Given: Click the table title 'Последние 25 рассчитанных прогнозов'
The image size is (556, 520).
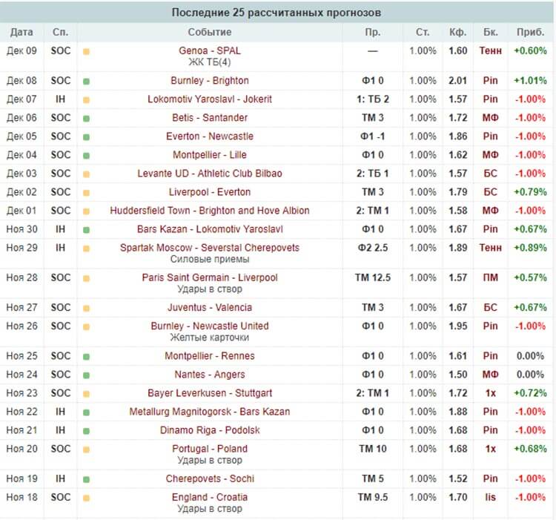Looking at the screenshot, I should pyautogui.click(x=277, y=13).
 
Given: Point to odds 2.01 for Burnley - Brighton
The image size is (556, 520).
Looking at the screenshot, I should pyautogui.click(x=457, y=80).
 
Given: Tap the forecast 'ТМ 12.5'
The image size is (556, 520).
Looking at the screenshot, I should pyautogui.click(x=372, y=277).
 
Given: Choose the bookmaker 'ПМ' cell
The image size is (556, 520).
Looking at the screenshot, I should pyautogui.click(x=490, y=277).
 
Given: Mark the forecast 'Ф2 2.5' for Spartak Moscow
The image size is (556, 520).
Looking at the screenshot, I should pyautogui.click(x=372, y=247).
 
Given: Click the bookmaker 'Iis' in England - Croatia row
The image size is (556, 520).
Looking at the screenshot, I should pyautogui.click(x=490, y=497).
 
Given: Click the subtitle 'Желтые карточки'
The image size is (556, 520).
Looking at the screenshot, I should pyautogui.click(x=210, y=338).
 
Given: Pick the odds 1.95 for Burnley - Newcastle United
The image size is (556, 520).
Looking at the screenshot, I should pyautogui.click(x=457, y=326).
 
